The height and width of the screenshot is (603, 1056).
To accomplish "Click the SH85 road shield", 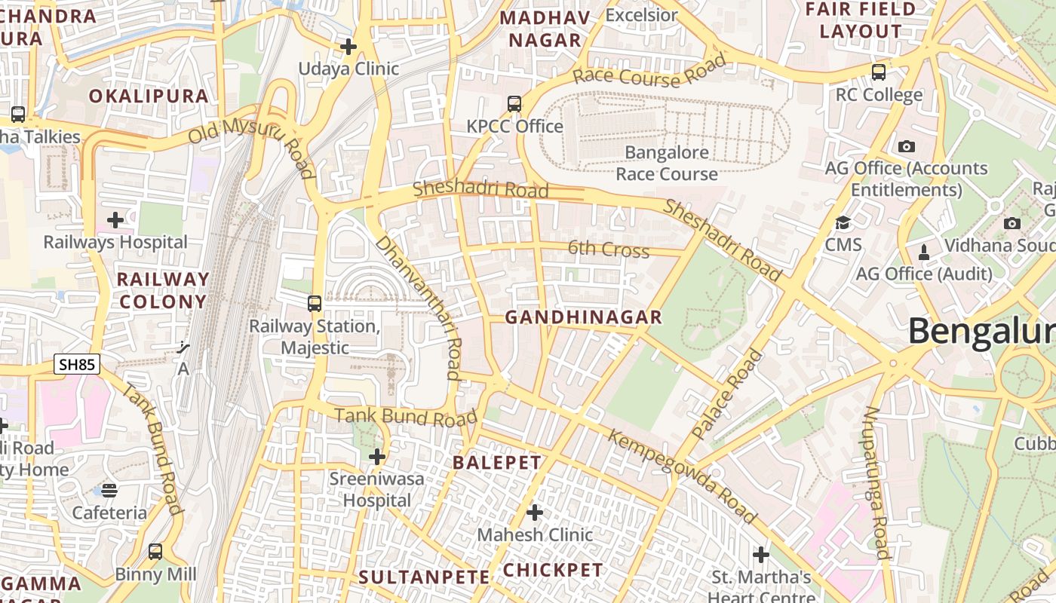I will [x=77, y=365].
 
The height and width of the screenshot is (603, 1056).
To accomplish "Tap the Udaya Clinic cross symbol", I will [x=348, y=47].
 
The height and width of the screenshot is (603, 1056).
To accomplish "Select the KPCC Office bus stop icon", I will [x=514, y=103].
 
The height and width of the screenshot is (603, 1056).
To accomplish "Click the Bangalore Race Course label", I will [x=666, y=163].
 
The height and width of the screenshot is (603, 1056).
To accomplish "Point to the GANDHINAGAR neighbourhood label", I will [x=583, y=317].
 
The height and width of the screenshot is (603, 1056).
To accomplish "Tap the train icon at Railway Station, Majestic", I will [x=315, y=304].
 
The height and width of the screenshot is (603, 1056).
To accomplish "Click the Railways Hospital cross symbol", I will [x=115, y=220].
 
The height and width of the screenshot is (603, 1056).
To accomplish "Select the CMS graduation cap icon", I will [x=843, y=222].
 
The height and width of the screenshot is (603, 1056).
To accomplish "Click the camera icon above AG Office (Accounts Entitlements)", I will [x=907, y=146].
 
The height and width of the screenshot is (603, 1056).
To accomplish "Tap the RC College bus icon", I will [x=879, y=72].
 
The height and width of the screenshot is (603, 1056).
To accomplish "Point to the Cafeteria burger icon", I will [x=109, y=491].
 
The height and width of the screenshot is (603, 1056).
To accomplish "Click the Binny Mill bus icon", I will [x=155, y=551].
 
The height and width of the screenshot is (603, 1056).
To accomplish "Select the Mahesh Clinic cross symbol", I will [x=535, y=513].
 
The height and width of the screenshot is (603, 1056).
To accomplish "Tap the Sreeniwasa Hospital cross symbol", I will [x=377, y=456].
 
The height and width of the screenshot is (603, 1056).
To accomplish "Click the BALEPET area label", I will [x=497, y=463].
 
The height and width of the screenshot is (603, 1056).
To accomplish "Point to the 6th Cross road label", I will [x=608, y=249].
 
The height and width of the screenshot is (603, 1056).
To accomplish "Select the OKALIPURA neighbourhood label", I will [x=149, y=96].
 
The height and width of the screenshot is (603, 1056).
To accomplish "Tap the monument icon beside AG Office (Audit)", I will [x=924, y=251].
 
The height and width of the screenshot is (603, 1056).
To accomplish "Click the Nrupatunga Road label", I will [x=877, y=483].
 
